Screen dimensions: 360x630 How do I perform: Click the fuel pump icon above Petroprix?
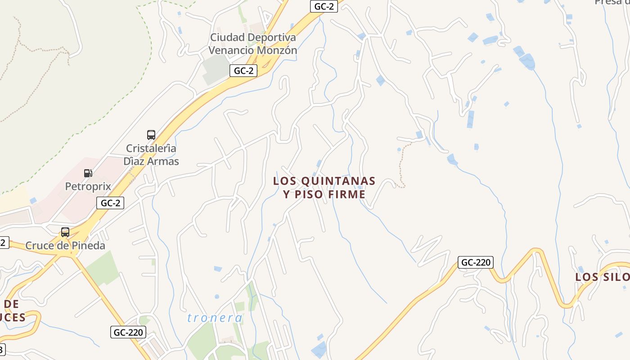[88, 173]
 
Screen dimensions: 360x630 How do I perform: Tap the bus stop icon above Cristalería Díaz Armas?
[151, 135]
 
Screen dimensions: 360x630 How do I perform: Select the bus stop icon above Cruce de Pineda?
[65, 232]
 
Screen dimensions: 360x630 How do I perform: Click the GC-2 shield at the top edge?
[324, 6]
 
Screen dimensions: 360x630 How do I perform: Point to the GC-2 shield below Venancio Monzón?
[243, 71]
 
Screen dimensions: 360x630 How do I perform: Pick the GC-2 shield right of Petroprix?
[110, 203]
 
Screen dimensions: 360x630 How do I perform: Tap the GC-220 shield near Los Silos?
[476, 262]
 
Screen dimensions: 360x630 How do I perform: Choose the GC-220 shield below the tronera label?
[128, 333]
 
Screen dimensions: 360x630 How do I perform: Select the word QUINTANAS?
[338, 181]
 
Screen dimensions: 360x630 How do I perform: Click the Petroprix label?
[88, 186]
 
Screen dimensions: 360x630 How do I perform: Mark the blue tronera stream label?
[215, 318]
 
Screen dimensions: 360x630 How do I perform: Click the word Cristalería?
[151, 148]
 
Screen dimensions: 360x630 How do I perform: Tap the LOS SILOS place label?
[602, 277]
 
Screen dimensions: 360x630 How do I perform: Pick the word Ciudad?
[228, 37]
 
